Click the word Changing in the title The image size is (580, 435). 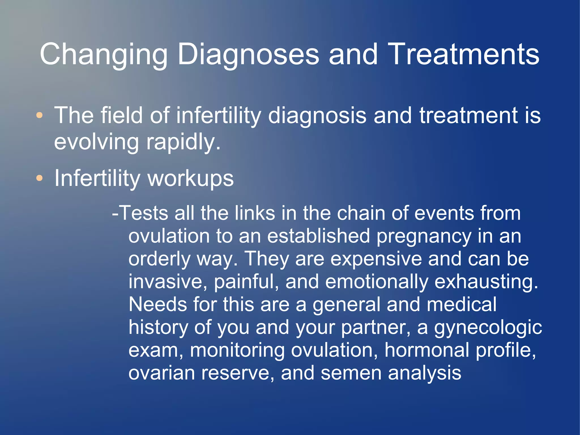104,54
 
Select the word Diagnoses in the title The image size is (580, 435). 248,54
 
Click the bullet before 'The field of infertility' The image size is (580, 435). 40,115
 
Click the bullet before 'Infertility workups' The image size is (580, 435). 40,178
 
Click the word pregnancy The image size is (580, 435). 424,236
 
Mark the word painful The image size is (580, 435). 246,282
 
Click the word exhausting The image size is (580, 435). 486,282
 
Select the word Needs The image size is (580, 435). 157,304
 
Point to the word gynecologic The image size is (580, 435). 488,328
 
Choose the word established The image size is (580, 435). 318,236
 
